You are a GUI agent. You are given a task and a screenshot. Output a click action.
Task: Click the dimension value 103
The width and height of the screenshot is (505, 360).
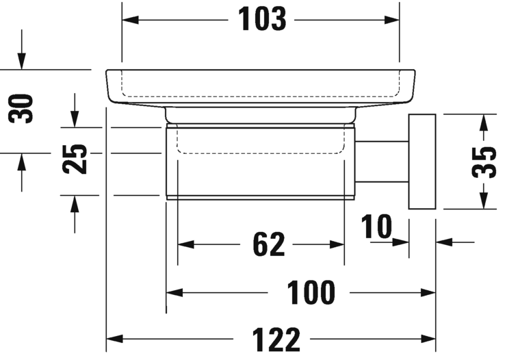tap(262, 20)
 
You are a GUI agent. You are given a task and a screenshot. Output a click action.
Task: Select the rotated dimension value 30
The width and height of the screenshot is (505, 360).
tap(22, 109)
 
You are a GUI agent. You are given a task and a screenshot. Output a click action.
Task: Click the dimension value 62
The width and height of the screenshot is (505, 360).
tap(268, 244)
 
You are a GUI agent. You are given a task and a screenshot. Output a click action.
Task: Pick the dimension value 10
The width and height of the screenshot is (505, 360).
tap(376, 227)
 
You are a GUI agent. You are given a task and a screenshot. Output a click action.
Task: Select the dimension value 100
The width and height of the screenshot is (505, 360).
tap(311, 293)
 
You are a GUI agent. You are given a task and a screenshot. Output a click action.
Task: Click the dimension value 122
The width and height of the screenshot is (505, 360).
tap(276, 339)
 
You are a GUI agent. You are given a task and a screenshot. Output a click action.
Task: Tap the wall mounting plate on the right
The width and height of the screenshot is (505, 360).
tap(422, 162)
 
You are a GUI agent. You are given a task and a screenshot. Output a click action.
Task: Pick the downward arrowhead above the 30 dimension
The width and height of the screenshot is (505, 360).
tap(22, 61)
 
